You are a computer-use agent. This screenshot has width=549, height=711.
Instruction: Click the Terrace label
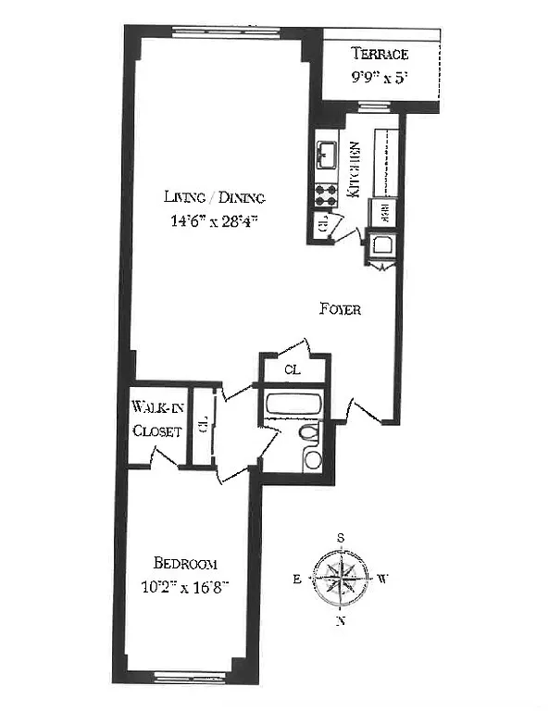click(379, 55)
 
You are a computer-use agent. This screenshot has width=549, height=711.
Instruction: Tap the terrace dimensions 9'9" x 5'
click(379, 78)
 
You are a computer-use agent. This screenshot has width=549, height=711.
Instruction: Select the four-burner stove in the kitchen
click(326, 194)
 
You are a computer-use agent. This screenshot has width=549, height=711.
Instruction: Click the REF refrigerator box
click(380, 213)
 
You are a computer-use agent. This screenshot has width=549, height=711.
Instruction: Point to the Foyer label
click(340, 309)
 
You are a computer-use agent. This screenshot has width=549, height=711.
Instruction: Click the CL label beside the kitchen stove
click(321, 223)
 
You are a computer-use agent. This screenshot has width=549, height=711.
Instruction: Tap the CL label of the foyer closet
click(292, 369)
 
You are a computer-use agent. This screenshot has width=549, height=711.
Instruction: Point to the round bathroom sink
click(313, 460)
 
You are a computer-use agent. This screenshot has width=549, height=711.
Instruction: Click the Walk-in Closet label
click(157, 418)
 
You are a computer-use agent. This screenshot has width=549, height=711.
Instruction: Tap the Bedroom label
click(185, 563)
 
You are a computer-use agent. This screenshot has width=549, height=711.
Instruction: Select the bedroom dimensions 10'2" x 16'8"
click(185, 585)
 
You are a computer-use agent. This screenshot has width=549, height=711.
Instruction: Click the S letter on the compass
click(341, 538)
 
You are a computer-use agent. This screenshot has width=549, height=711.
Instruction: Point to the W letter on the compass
click(382, 580)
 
